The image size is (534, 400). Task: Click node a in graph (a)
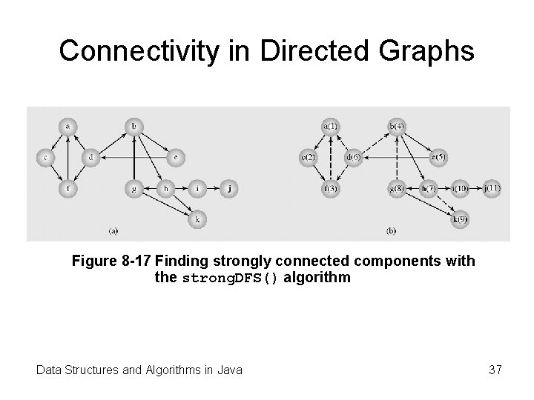(x=67, y=127)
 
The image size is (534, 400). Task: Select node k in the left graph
(x=197, y=219)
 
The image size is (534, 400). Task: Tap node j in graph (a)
(x=230, y=188)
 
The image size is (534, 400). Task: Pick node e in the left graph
(x=176, y=157)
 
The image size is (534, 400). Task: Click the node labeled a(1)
(x=330, y=127)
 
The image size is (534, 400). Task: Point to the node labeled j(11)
(x=492, y=188)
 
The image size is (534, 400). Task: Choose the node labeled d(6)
(x=353, y=157)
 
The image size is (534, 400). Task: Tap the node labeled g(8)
(x=396, y=188)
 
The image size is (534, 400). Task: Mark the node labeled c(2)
(x=309, y=157)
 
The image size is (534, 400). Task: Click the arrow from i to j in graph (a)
(x=214, y=188)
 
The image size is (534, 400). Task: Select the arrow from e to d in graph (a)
(x=133, y=157)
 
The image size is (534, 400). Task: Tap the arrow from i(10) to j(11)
(x=475, y=188)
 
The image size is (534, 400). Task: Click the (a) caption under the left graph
(x=113, y=231)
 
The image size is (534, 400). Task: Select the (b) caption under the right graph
(x=392, y=231)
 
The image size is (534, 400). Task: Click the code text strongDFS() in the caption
(x=230, y=279)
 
